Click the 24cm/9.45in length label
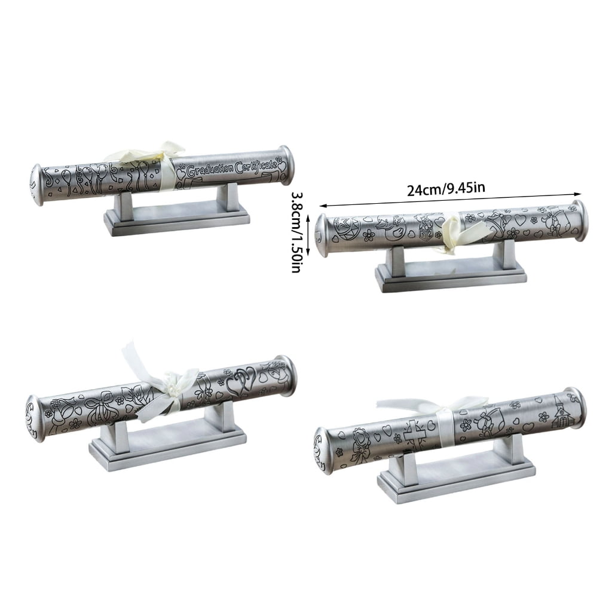446,189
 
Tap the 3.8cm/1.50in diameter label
297,232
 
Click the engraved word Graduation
210,170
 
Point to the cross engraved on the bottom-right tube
414,432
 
